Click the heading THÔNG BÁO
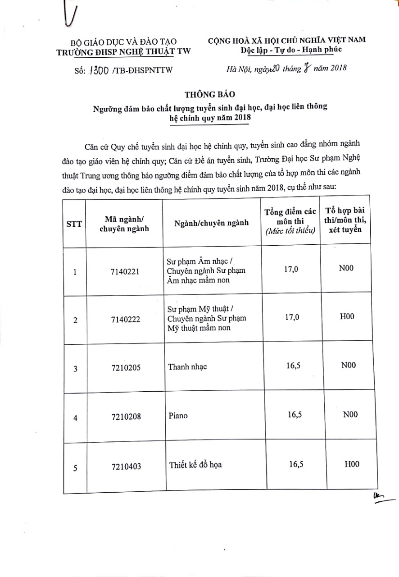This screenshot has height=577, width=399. click(x=203, y=94)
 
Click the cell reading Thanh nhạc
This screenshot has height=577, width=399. click(x=187, y=366)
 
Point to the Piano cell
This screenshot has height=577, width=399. click(x=178, y=416)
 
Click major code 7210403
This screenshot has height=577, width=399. click(x=126, y=467)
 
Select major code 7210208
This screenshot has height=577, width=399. click(x=126, y=417)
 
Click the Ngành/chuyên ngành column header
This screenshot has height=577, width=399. click(x=211, y=223)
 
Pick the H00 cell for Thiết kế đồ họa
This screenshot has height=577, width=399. click(x=352, y=464)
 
